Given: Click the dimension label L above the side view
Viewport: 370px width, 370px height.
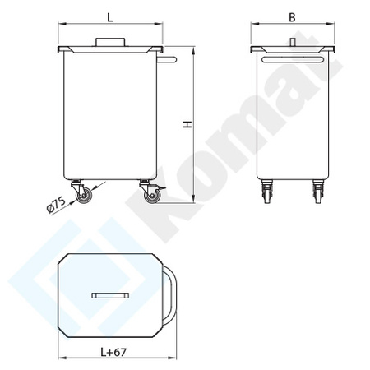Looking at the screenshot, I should [x=110, y=16].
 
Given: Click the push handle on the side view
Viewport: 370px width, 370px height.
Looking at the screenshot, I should [x=169, y=59].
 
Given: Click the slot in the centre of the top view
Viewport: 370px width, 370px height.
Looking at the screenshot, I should [x=110, y=294].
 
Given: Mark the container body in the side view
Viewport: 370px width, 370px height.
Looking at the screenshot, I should [x=110, y=115].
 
